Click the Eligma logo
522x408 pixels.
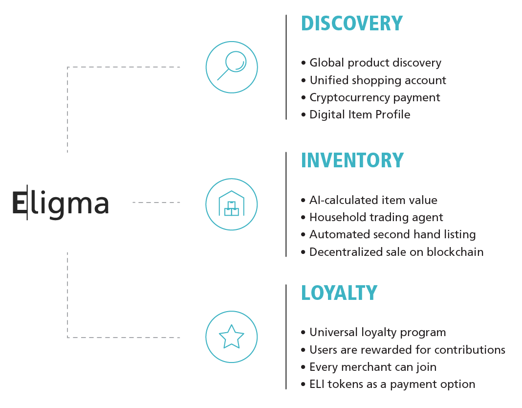pos(61,203)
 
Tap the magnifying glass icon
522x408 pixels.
pos(231,67)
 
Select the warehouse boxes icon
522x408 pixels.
pos(231,204)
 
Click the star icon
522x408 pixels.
pos(231,337)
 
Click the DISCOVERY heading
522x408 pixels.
pos(351,23)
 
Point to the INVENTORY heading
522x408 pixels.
pos(352,160)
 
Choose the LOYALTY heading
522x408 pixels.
pos(339,293)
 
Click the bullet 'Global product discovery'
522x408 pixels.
pos(375,63)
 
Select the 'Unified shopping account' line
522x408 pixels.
pos(377,80)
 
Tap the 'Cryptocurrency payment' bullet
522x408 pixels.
pos(374,97)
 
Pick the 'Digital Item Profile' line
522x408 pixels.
pos(360,114)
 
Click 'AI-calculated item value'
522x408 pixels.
pos(373,200)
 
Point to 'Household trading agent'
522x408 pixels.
pos(376,217)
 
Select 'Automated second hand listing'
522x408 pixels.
pos(392,234)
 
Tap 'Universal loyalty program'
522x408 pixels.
pos(377,333)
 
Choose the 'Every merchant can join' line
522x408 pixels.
pos(373,367)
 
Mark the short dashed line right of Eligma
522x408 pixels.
pos(156,202)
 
